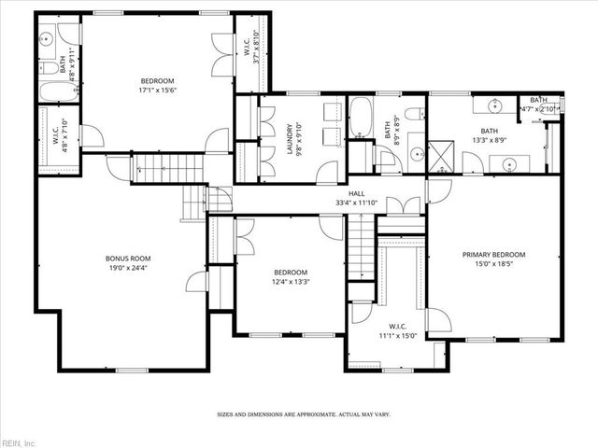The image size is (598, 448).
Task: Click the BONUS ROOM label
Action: [x=128, y=259]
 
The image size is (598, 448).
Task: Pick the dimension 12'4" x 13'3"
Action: [x=291, y=281]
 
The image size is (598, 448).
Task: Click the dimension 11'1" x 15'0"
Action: [x=397, y=335]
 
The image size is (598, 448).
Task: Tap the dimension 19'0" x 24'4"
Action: [x=128, y=269]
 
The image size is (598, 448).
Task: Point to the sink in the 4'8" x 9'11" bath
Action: [x=47, y=40]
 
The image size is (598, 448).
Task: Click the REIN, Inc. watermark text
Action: [x=19, y=441]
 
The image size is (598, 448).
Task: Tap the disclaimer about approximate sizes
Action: [x=304, y=413]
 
